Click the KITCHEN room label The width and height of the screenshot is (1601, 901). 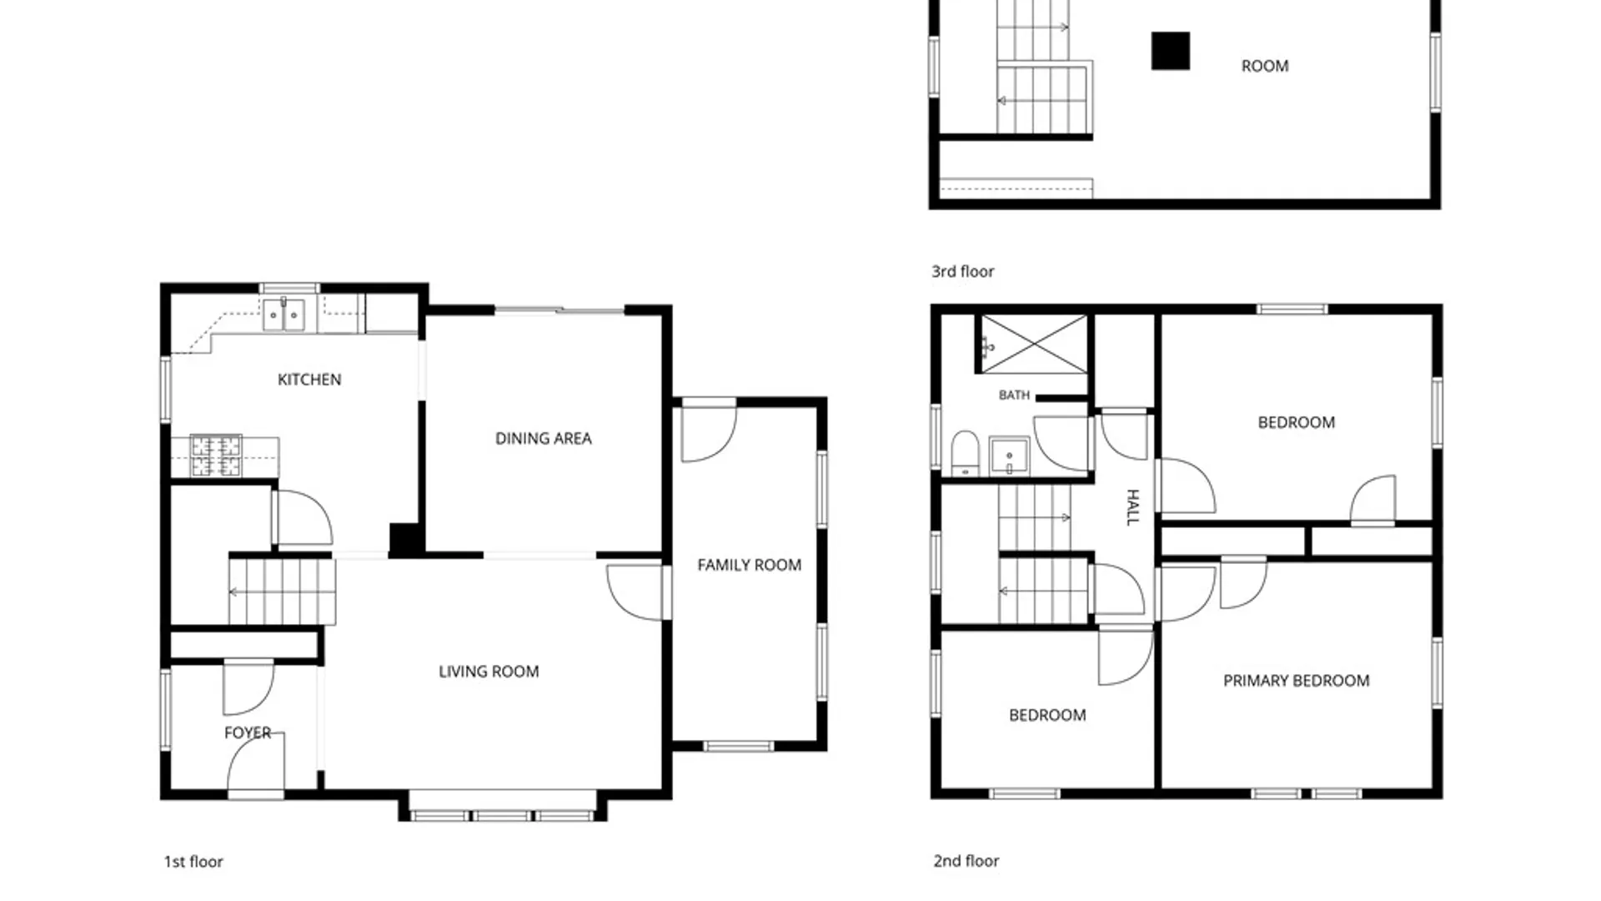[309, 380]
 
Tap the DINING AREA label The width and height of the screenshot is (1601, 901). [544, 438]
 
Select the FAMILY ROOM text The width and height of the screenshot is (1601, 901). [750, 565]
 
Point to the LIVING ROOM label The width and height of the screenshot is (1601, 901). [489, 672]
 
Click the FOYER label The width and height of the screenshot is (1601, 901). [248, 732]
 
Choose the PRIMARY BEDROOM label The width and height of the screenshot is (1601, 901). [1297, 681]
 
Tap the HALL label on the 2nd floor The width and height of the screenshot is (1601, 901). [1132, 507]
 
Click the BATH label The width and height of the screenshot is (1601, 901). [1014, 395]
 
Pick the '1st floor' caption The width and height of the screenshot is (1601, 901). [193, 862]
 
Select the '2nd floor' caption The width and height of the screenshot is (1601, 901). [966, 861]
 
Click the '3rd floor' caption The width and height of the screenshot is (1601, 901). [963, 271]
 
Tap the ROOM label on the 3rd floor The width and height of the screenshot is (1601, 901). [1265, 66]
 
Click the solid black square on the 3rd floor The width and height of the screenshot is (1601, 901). [1171, 51]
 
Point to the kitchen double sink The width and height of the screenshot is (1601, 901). [284, 315]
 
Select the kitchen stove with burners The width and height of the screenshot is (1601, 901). [216, 456]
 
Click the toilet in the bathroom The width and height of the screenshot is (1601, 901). [965, 453]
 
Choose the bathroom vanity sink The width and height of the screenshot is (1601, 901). [1009, 456]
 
